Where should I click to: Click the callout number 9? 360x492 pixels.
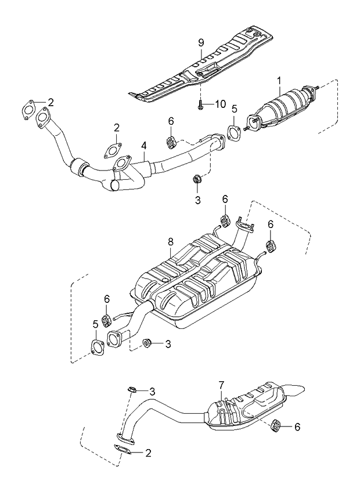pos(200,42)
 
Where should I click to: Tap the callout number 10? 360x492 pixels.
pos(220,104)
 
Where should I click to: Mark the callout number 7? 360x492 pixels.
pos(221,385)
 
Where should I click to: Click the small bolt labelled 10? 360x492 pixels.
pos(200,105)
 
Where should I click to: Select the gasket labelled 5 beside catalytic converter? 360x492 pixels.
pos(233,133)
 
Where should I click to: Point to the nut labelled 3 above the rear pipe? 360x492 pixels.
pos(132,389)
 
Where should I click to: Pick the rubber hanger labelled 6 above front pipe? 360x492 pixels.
pos(171,140)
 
